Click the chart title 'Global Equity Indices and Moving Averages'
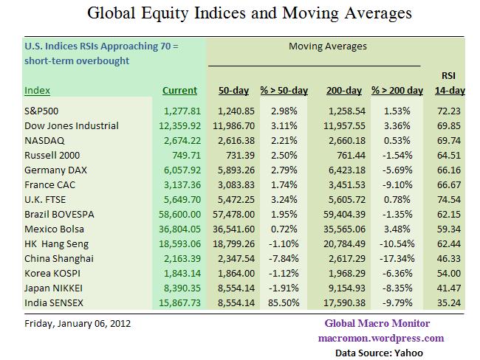click(239, 13)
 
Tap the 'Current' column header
click(179, 91)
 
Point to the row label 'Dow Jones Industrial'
click(71, 125)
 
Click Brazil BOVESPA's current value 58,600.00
click(178, 214)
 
